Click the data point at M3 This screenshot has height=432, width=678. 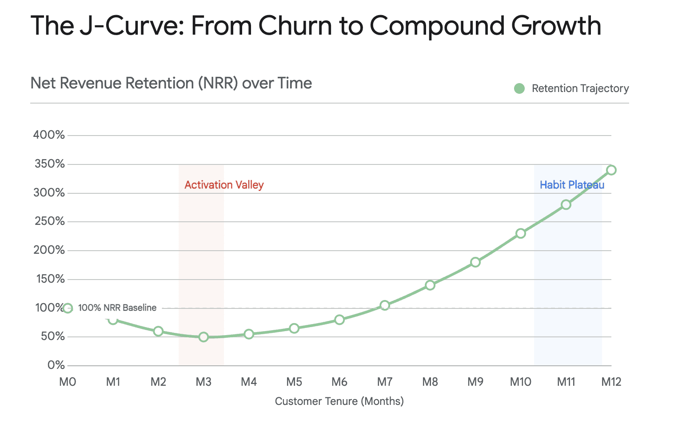coord(203,337)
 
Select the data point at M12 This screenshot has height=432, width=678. coord(611,170)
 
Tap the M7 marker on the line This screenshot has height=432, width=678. coord(385,305)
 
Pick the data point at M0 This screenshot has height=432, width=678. coord(68,308)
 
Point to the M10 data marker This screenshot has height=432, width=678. coord(521,233)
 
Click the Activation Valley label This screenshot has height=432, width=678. coord(224,185)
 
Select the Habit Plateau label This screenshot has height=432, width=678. coord(572,185)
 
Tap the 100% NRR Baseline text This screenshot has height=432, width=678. coord(117,308)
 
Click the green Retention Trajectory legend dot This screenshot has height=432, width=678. coord(519,88)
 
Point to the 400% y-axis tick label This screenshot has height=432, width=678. coord(49,135)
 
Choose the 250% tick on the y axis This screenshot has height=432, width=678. coord(50,221)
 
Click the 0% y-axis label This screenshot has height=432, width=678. coord(56,365)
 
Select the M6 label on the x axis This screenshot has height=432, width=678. coord(339,382)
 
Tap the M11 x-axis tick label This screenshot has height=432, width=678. coord(566,382)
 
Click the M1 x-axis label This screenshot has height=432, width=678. coord(113,382)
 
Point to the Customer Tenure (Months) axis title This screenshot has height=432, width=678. coord(339,401)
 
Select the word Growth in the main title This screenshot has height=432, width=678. coord(556,26)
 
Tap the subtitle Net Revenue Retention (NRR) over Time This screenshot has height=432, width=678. coord(171,83)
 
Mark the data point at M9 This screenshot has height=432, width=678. coord(475,262)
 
